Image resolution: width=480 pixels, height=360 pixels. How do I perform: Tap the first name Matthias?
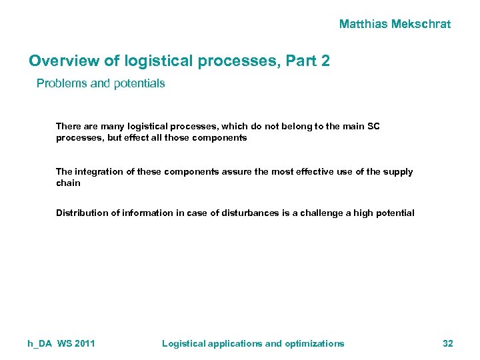(x=364, y=24)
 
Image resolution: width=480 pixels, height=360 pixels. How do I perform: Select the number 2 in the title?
(x=325, y=61)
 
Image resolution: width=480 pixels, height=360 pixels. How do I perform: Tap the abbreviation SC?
(x=373, y=126)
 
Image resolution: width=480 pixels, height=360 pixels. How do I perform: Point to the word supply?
(x=398, y=171)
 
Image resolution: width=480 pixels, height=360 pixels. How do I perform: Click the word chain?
(x=68, y=183)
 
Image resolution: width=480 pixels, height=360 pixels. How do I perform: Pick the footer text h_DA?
(x=39, y=343)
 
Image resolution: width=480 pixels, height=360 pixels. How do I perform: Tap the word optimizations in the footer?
(x=315, y=343)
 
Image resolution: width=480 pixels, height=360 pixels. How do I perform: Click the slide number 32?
(x=448, y=343)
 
